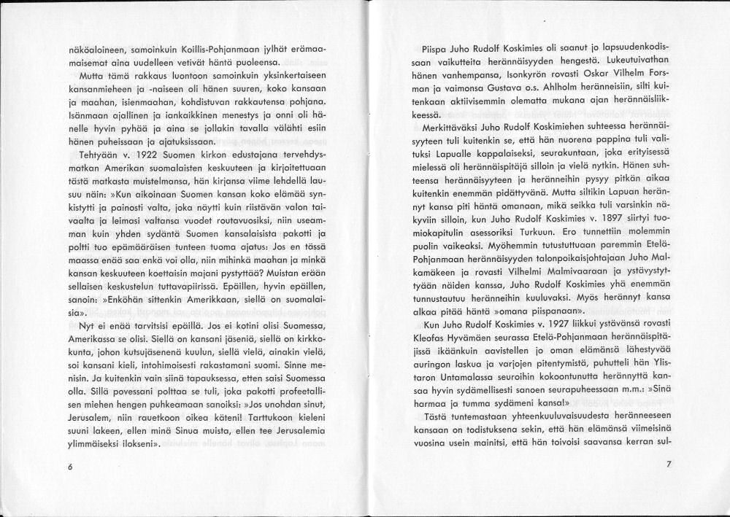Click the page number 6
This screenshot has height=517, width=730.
point(70,467)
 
